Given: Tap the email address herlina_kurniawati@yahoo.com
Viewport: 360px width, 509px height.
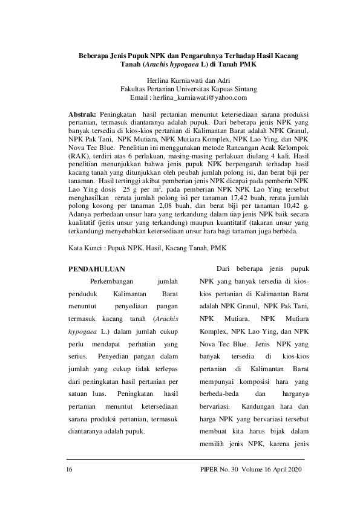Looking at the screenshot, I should point(200,97).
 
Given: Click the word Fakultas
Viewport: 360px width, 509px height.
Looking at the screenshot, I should point(135,88).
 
